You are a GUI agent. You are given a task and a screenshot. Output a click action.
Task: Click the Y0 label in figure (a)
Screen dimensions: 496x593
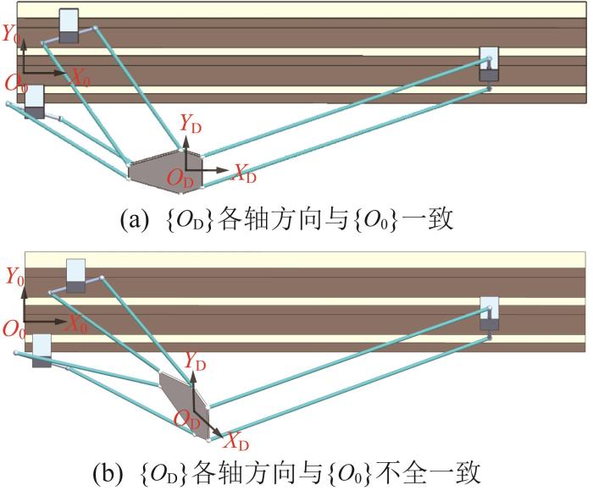point(12,36)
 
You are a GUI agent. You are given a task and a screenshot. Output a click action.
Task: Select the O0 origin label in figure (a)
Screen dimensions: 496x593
point(14,84)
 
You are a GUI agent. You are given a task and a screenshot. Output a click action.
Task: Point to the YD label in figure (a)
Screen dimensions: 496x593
point(191,122)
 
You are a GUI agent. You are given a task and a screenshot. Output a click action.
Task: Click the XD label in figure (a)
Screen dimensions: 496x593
point(245,176)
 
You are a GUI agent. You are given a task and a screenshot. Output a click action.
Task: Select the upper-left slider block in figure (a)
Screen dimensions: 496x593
point(68,26)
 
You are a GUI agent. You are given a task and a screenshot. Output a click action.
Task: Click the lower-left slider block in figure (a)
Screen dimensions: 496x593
point(34,101)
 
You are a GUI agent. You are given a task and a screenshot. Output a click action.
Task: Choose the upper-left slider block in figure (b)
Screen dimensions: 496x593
point(76,276)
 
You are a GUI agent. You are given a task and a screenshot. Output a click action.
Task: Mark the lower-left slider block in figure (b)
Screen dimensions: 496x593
point(41,350)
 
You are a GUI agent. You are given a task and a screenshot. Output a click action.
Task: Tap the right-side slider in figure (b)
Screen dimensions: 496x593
point(490,313)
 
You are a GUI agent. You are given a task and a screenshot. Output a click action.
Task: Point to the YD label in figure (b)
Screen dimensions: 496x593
point(195,363)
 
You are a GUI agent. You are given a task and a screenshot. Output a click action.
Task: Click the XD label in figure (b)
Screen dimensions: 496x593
point(237,442)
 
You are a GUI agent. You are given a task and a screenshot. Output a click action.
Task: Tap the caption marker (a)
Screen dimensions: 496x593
point(136,220)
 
